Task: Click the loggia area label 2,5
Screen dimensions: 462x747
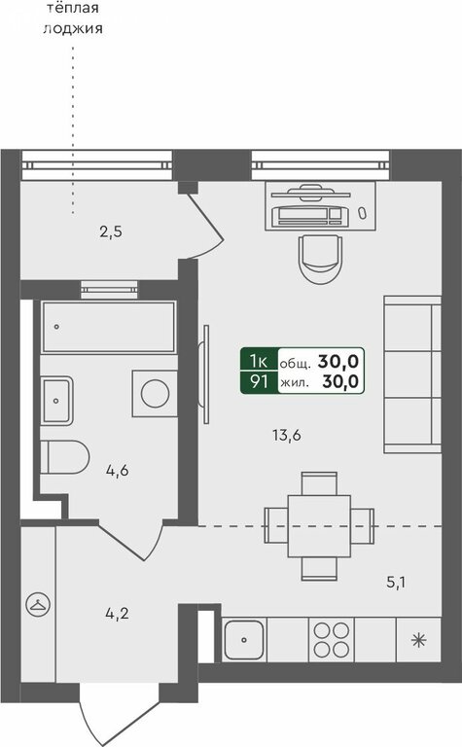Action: coord(111,232)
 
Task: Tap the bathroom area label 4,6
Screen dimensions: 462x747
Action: coord(117,471)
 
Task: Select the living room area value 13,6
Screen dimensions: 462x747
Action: coord(287,436)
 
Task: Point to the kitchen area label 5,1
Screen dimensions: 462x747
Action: coord(396,583)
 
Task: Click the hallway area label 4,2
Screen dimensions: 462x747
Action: coord(117,614)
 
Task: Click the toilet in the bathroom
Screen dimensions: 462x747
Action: coord(65,457)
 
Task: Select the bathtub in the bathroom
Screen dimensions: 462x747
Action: coord(109,327)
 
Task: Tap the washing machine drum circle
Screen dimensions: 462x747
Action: coord(156,394)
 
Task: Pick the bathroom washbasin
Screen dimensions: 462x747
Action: coord(56,401)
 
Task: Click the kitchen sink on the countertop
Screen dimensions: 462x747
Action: coord(244,639)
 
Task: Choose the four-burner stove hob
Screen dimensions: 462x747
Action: coord(332,639)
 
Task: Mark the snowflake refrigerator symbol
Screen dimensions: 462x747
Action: coord(418,640)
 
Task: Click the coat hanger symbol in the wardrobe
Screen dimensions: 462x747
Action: coord(38,605)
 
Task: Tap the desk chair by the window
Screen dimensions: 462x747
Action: coord(320,259)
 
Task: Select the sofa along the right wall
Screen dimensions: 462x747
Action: coord(412,373)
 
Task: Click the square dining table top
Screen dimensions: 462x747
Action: coord(319,526)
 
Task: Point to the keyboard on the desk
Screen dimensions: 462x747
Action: coord(310,216)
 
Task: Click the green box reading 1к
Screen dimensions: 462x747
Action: coord(259,362)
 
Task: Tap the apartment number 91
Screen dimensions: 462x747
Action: coord(259,382)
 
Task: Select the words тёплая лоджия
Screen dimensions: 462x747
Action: coord(72,18)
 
